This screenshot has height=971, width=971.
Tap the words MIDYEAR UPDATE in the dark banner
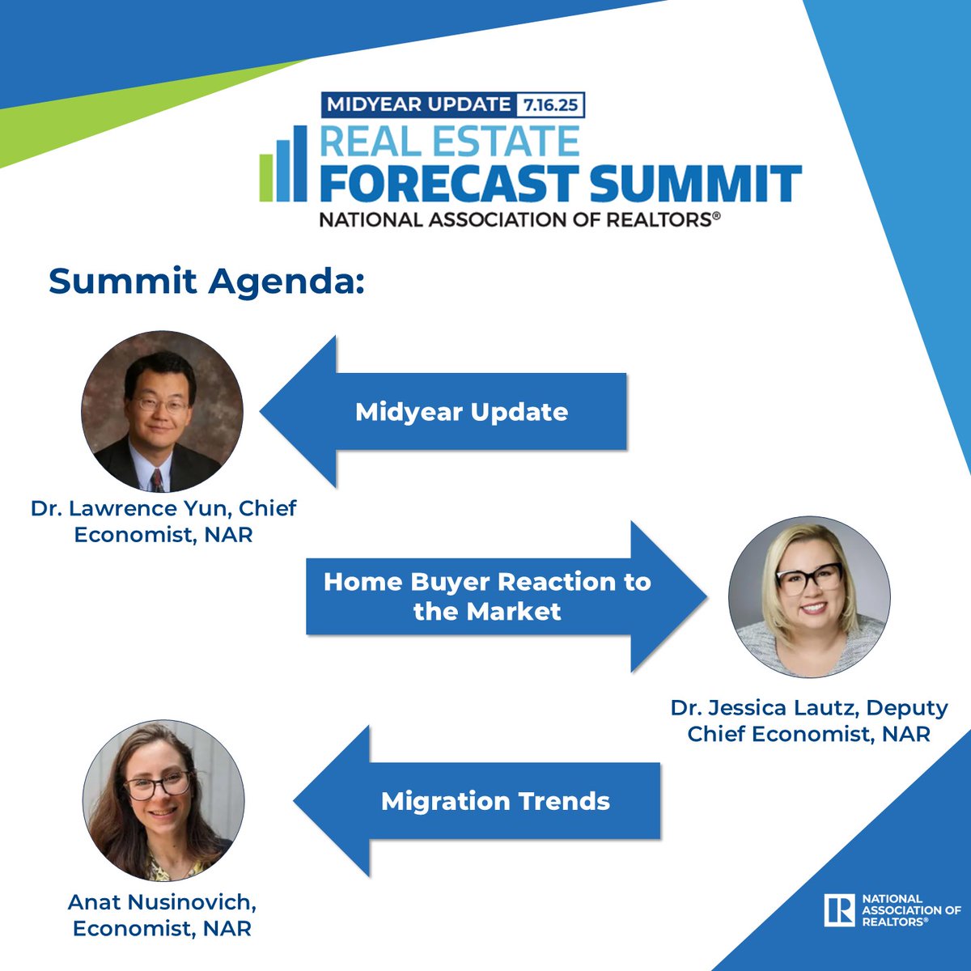(418, 104)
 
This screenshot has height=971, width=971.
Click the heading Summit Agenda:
(206, 281)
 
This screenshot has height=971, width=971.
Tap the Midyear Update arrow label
(461, 412)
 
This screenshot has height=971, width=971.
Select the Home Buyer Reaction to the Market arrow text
(486, 596)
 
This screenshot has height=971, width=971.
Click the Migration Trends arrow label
(495, 801)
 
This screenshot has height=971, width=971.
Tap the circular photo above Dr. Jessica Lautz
(809, 597)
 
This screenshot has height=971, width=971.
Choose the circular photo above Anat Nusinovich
(163, 800)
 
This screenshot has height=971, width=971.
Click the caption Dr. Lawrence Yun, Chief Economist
(163, 521)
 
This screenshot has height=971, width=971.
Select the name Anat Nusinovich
(162, 901)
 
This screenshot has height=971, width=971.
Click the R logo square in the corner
(839, 910)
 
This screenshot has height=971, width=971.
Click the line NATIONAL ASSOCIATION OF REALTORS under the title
(519, 219)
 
